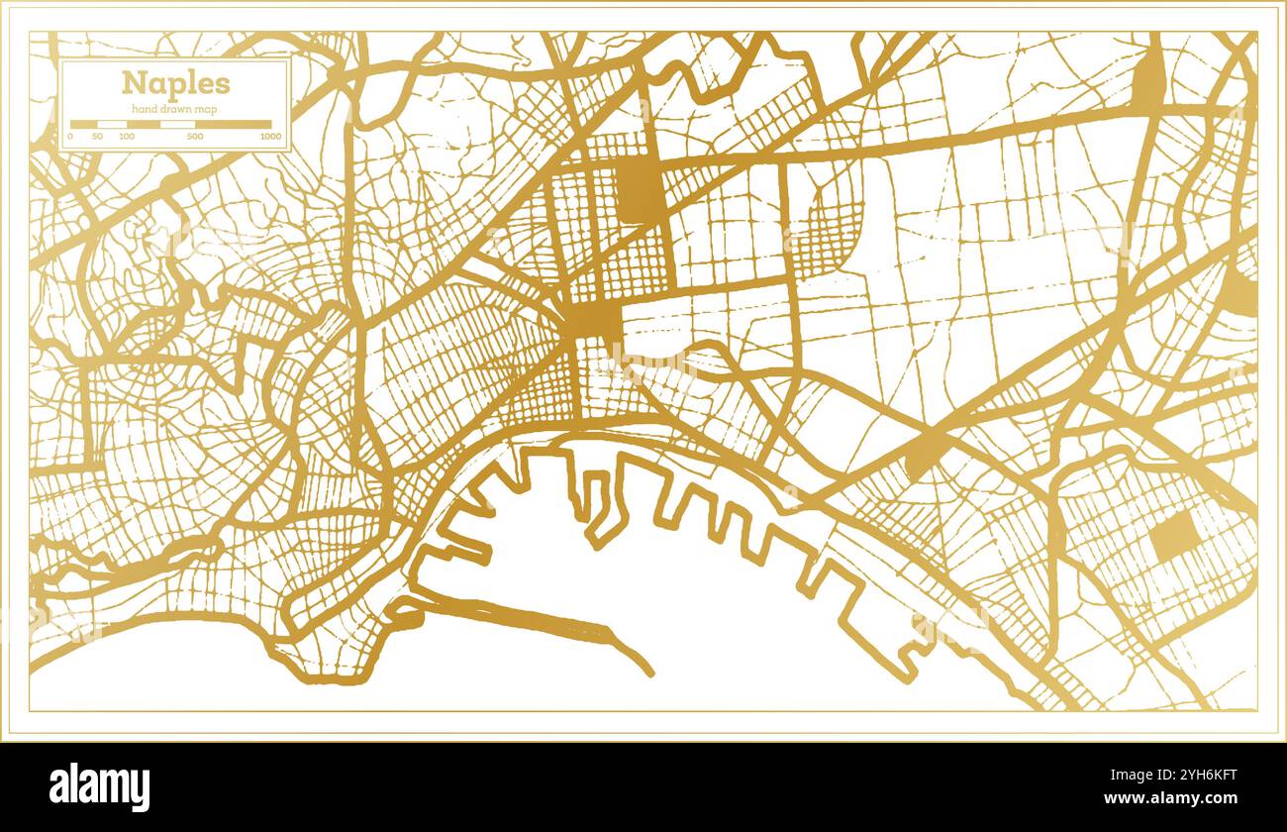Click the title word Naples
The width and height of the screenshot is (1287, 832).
pos(175,83)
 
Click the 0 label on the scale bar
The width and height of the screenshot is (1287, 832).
pos(70,136)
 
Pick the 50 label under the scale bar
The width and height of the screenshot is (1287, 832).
pos(97,136)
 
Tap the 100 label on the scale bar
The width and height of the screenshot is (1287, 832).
pos(127,136)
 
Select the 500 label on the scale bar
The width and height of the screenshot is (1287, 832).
pos(195,136)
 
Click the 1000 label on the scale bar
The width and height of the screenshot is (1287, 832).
pos(269,136)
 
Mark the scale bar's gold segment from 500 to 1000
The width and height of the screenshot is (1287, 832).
pos(233,125)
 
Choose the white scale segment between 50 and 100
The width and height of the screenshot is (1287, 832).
pos(112,125)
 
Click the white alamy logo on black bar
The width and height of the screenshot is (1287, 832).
pos(100,787)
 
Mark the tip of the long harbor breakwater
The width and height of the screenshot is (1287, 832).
pos(649,674)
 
